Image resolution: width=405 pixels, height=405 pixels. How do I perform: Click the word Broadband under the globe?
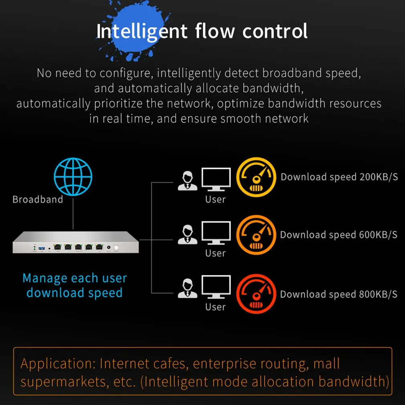[x=38, y=199]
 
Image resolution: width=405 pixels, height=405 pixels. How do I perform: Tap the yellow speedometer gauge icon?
[x=256, y=176]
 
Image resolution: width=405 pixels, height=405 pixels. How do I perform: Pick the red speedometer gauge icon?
[x=256, y=294]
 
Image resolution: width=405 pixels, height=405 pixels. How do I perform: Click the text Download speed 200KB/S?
[x=339, y=177]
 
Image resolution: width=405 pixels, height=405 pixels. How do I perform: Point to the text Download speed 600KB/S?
[x=339, y=235]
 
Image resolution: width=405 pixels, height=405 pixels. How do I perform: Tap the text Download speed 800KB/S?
[x=339, y=294]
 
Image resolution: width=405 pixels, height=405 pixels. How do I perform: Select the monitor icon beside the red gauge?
[x=216, y=287]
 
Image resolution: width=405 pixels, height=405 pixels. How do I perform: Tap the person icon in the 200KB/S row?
[x=188, y=181]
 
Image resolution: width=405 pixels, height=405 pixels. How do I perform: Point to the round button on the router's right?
[x=116, y=249]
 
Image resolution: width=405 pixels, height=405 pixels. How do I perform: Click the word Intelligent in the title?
[x=142, y=31]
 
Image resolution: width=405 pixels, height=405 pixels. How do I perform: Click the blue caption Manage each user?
[x=75, y=278]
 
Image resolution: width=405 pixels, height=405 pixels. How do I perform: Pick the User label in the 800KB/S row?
[x=215, y=307]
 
